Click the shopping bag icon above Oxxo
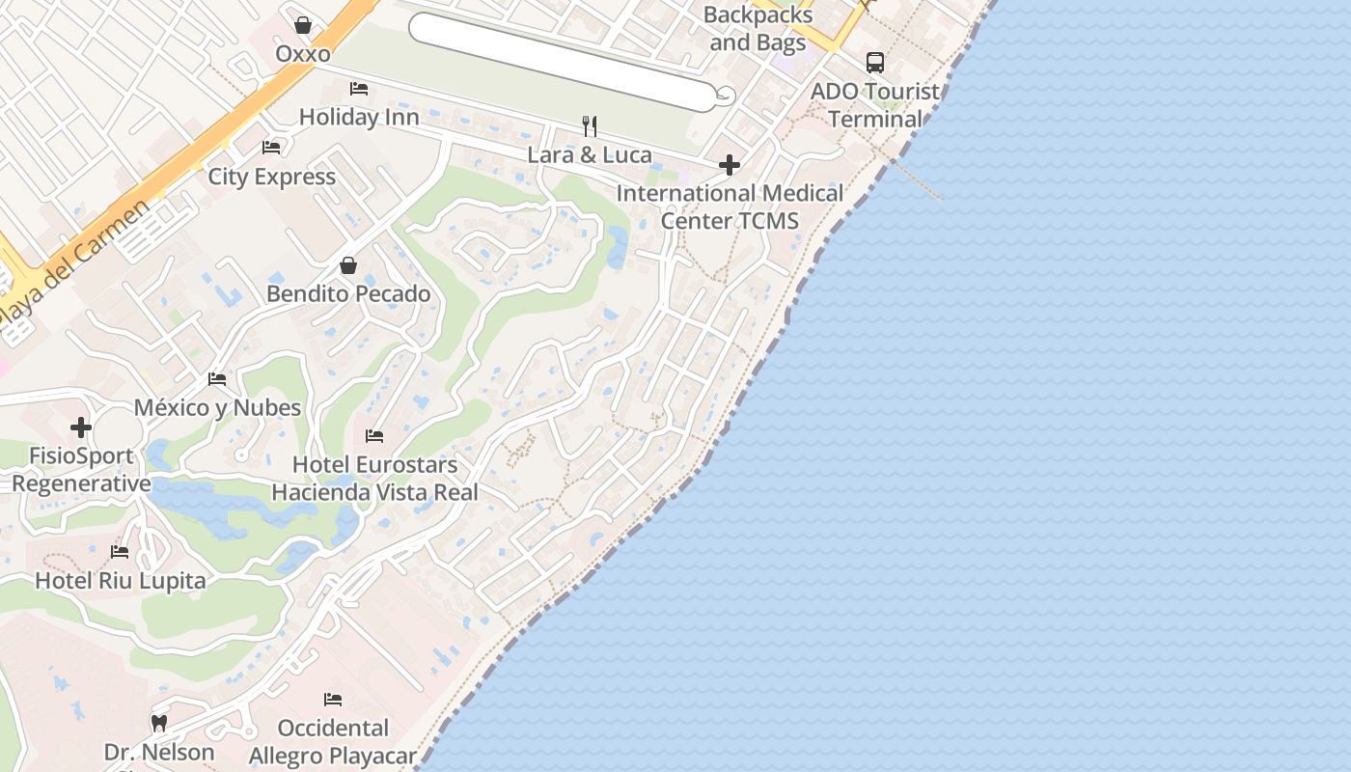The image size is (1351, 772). click(x=303, y=24)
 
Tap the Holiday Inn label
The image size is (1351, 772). click(x=359, y=117)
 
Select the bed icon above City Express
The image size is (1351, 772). click(x=271, y=148)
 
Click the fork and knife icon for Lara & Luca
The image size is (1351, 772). click(x=590, y=125)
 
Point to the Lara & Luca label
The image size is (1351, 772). click(x=590, y=154)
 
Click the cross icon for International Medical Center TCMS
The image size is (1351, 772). click(x=730, y=165)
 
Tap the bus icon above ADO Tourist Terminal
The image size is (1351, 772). click(x=875, y=63)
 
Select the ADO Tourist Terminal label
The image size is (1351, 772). click(x=875, y=105)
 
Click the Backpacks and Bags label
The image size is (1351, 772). click(x=758, y=29)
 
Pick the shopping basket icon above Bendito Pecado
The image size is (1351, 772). click(x=348, y=265)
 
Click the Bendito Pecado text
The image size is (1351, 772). click(x=348, y=293)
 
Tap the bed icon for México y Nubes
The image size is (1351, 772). click(x=217, y=379)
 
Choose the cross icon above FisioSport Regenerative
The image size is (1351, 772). click(x=81, y=427)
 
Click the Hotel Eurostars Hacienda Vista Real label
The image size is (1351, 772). click(x=374, y=479)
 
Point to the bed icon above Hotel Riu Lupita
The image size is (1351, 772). click(x=120, y=552)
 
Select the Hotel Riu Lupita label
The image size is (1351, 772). click(x=121, y=581)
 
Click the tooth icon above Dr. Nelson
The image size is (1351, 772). click(x=159, y=723)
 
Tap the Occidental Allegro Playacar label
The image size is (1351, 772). click(x=333, y=741)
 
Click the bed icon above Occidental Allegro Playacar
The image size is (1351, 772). click(x=333, y=699)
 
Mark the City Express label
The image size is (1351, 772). click(x=272, y=177)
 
